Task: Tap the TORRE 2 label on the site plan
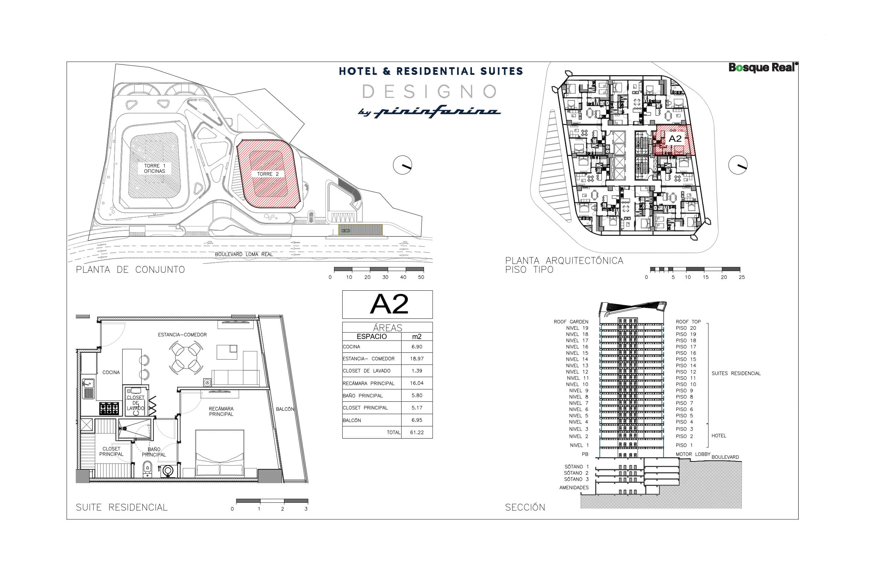click(x=268, y=174)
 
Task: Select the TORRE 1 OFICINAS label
click(x=154, y=169)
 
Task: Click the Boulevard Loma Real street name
click(x=244, y=254)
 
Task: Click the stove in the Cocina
click(x=109, y=409)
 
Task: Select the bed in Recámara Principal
click(x=220, y=453)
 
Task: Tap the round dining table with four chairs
click(x=185, y=357)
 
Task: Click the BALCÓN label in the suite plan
click(x=285, y=409)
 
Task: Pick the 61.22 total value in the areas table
click(x=417, y=432)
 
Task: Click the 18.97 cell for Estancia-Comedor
click(x=417, y=359)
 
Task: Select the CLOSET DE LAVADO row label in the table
click(x=366, y=371)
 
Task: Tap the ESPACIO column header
click(x=372, y=337)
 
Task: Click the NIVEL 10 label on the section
click(x=577, y=385)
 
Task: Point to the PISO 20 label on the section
click(x=686, y=328)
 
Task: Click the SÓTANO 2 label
click(x=576, y=473)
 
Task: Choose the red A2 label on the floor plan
click(x=675, y=139)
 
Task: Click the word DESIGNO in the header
click(x=430, y=92)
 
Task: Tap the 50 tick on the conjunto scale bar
click(x=421, y=277)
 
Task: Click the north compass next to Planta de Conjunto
click(x=402, y=165)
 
